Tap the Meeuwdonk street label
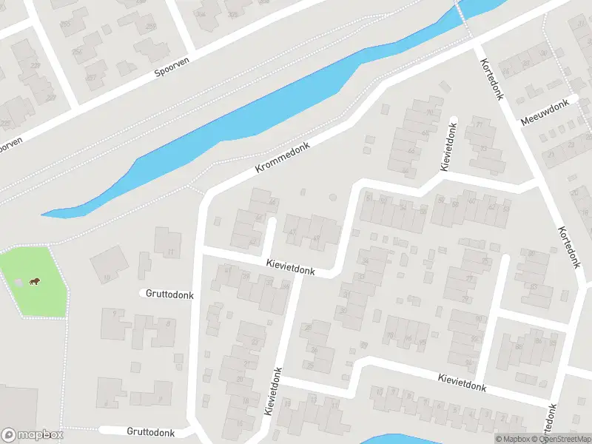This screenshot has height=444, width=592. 548,112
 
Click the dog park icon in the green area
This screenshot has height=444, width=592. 34,280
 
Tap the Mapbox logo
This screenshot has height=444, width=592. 33,435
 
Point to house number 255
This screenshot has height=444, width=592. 65,24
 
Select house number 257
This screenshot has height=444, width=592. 91,77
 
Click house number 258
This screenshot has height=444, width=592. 152,27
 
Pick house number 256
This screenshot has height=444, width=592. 77,51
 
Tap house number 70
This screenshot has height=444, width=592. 430,112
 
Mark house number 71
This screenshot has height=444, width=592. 479,124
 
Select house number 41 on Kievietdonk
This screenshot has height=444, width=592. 226,270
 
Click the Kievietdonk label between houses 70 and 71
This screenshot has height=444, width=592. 448,146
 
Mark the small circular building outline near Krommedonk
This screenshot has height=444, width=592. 332,198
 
